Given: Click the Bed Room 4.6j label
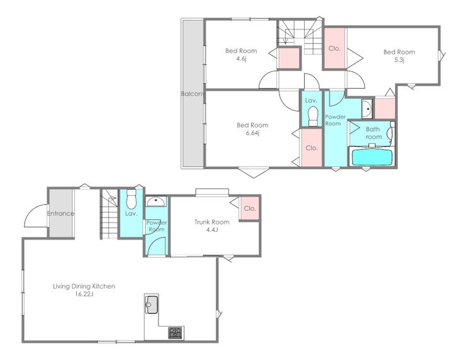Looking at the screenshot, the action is point(241,54).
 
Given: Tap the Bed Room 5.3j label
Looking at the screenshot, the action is point(399,55).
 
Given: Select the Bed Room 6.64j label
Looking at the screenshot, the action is point(252,129).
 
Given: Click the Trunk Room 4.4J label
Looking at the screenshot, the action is point(212,226).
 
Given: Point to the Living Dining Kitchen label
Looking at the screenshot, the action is point(84,286).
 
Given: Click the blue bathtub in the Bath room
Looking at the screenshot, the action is point(372,157).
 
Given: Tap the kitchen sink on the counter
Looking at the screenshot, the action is point(151,305).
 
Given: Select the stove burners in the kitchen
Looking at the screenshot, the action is point(175,333).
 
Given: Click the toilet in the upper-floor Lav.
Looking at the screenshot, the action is point(313,116).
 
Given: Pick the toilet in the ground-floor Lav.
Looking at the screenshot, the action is point(131,199).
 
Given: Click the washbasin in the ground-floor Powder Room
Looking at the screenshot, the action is point(156,201).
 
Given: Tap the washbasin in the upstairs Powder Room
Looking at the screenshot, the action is point(367,109).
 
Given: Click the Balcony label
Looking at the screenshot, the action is point(192,94).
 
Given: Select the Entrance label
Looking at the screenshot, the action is point(61,213).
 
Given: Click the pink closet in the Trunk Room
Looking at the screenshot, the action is point(249,208).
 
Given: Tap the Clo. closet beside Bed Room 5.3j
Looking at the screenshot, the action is point(334,49).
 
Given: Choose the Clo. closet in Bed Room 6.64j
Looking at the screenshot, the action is point(312,148).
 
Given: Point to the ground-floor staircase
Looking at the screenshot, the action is point(109,214).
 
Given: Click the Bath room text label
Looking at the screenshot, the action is point(373,133).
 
